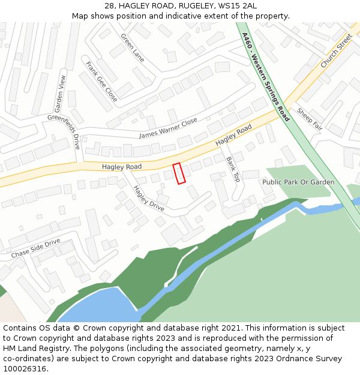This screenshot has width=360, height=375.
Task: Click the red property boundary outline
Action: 179,173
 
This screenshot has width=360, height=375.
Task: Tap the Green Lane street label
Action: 133,47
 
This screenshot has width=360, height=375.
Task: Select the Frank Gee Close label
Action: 101,81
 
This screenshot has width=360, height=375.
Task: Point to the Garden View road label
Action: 60,94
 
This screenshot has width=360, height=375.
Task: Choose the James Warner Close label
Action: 168,128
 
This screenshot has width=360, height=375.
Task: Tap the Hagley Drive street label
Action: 149,198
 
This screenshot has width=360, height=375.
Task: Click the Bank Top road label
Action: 233,169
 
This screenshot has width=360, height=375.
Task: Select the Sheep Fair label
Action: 310,119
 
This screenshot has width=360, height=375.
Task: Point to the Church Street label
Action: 336,50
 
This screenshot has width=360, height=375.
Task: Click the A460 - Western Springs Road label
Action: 265,77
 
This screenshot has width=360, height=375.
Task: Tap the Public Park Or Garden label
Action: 298,182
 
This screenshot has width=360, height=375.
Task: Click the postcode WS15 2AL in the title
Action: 232,5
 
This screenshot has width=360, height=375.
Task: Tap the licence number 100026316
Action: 25,369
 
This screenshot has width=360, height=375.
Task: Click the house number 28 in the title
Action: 109,5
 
